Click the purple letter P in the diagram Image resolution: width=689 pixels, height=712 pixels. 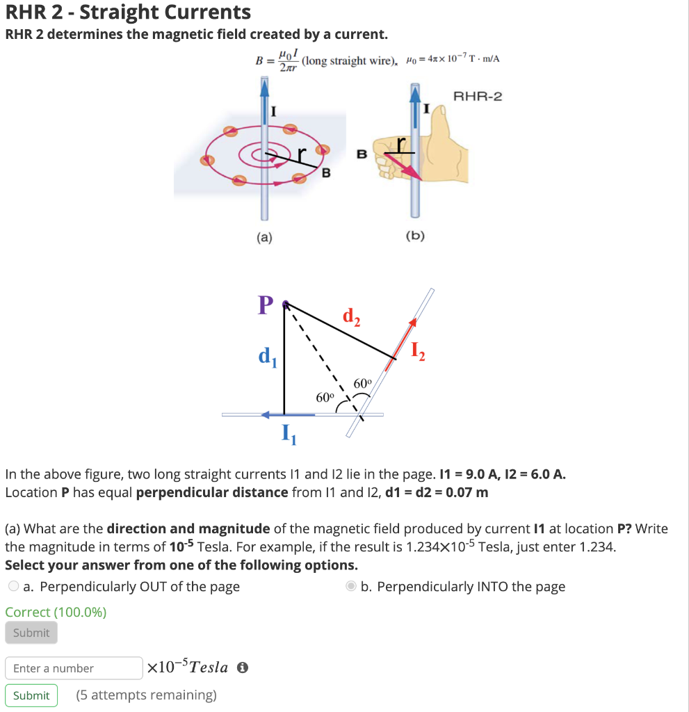click(264, 305)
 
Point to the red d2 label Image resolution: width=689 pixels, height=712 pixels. click(352, 317)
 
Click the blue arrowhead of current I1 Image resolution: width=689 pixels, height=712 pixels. click(266, 415)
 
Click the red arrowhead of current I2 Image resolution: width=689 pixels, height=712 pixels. click(413, 322)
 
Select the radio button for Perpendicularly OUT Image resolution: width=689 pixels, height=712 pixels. click(14, 587)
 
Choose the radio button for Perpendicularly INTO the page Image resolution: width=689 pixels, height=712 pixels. click(351, 587)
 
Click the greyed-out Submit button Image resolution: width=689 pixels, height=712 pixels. click(31, 633)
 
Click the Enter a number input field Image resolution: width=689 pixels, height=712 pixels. click(74, 668)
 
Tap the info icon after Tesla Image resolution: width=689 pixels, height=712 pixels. click(243, 667)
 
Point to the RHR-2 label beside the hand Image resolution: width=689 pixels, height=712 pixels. click(477, 96)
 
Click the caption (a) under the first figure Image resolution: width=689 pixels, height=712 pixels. click(264, 238)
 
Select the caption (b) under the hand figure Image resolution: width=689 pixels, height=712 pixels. click(414, 236)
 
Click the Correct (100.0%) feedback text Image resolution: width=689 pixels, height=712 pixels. click(56, 612)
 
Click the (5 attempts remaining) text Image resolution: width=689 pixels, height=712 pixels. click(147, 695)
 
